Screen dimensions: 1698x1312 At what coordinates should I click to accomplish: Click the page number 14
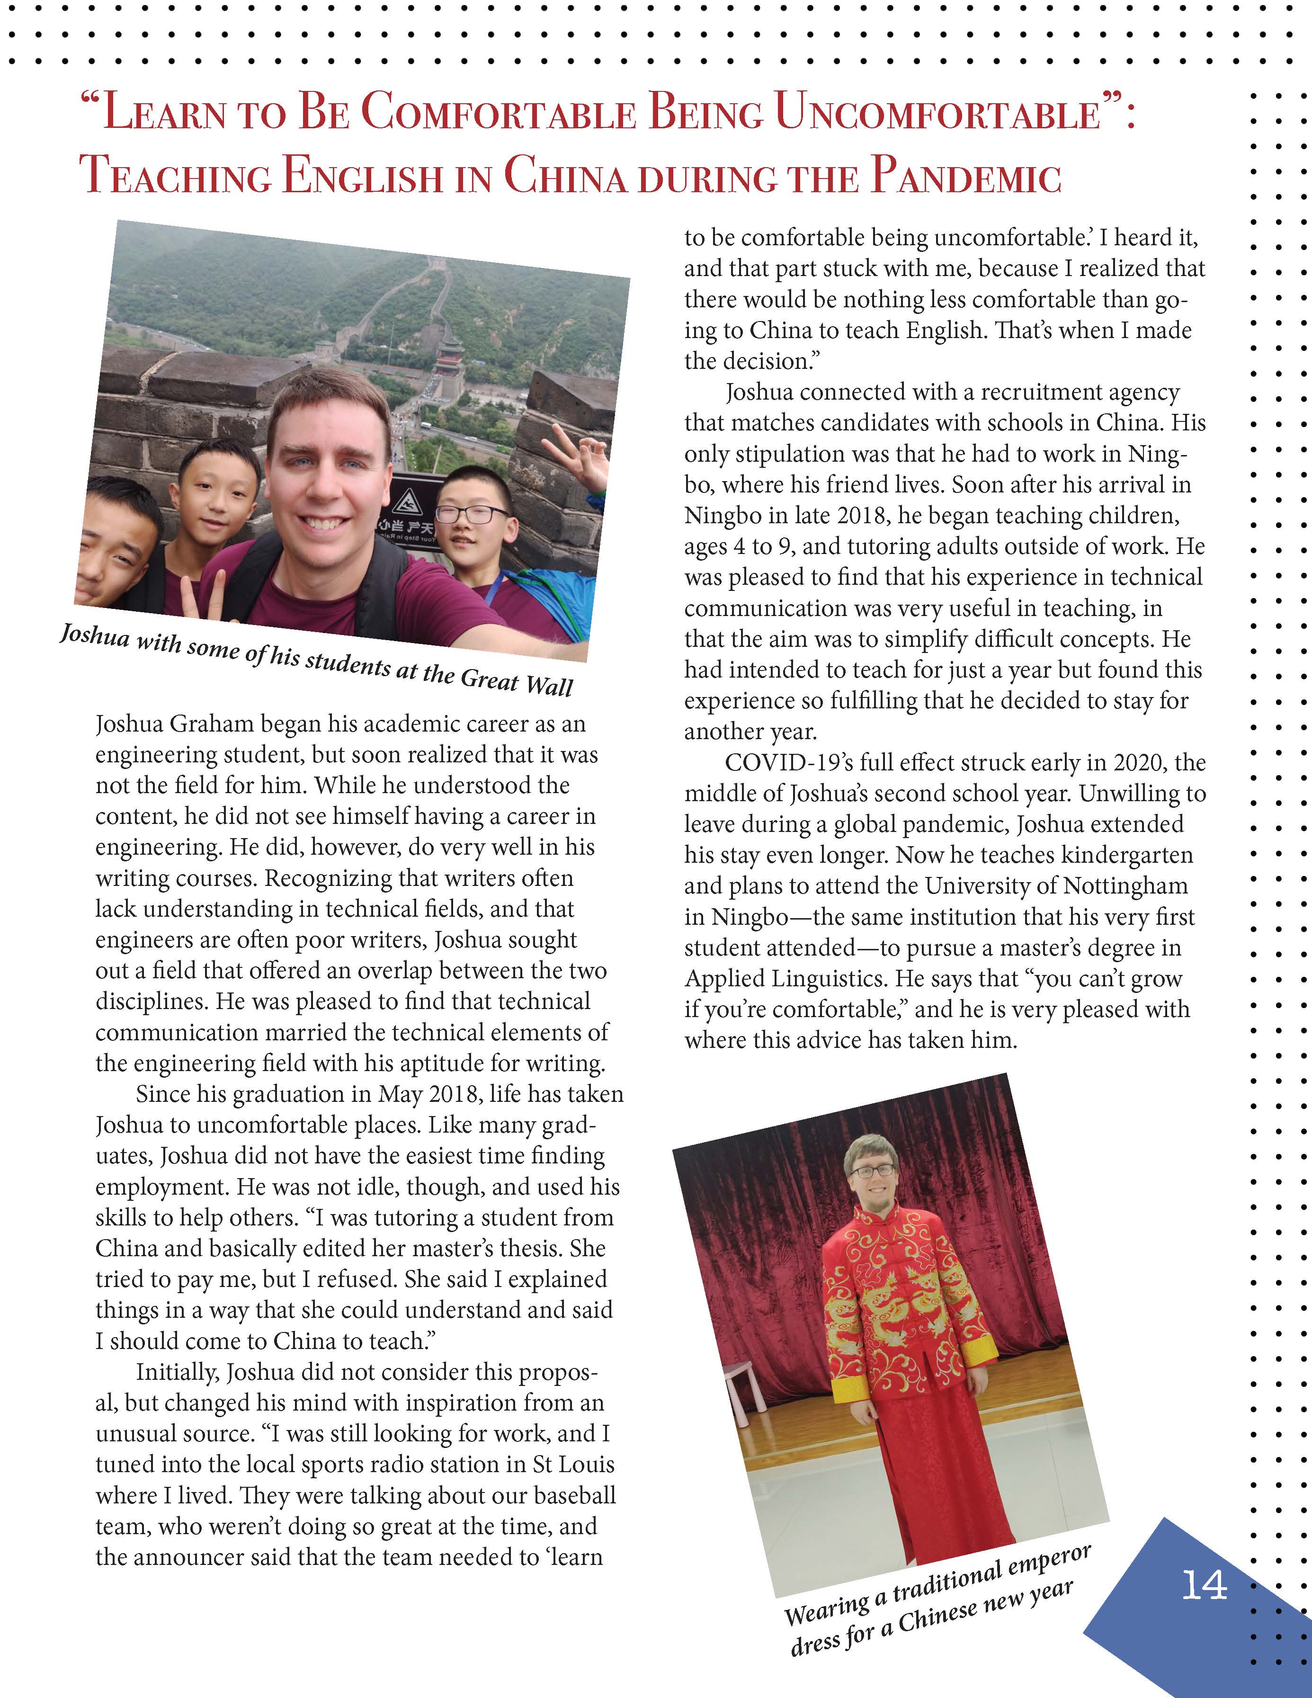point(1204,1584)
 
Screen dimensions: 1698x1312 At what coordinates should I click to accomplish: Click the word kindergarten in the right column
point(1126,855)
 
